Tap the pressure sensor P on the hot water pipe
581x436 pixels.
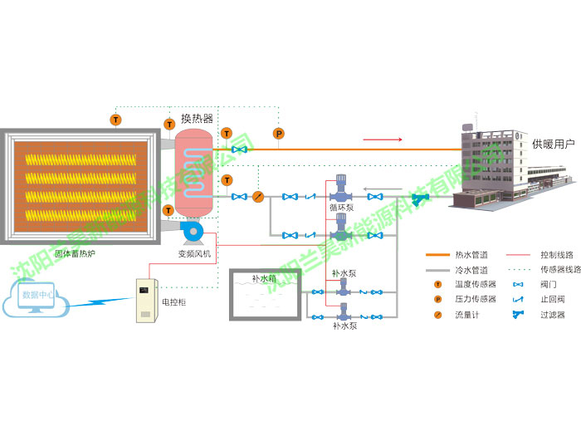click(x=279, y=133)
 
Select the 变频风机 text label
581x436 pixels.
click(x=195, y=252)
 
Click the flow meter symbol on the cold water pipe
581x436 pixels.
click(x=257, y=197)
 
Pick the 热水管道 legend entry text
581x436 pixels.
click(x=471, y=254)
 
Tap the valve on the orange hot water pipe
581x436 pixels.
click(x=240, y=149)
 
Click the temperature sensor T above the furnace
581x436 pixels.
click(x=115, y=120)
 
